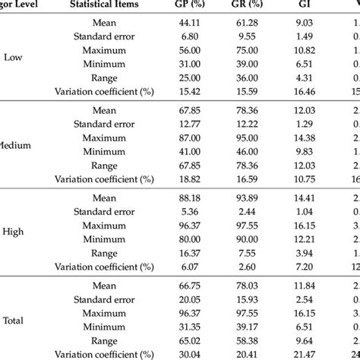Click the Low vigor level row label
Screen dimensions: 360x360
14,56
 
